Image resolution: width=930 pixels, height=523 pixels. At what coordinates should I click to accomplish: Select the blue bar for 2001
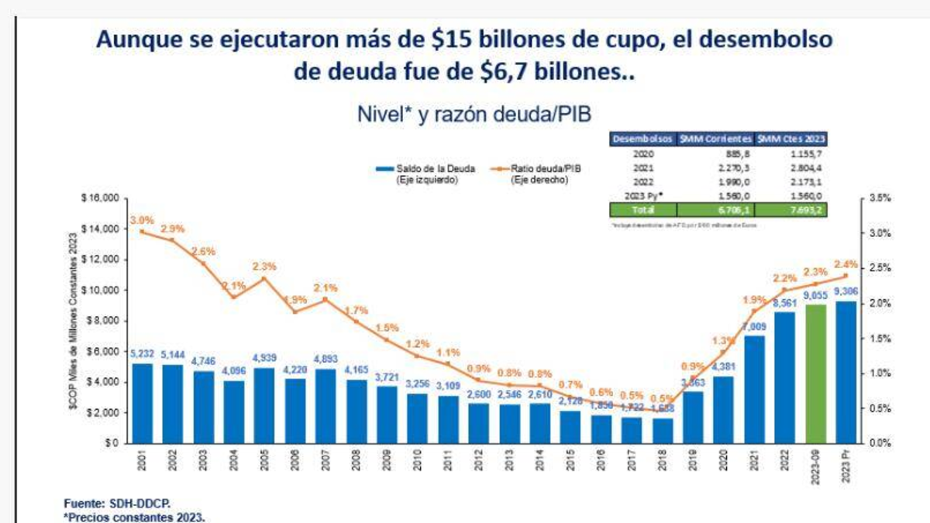pos(142,403)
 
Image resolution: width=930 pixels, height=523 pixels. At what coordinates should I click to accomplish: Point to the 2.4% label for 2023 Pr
pos(847,264)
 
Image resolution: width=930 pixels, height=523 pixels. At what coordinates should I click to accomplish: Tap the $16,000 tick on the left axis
pos(98,198)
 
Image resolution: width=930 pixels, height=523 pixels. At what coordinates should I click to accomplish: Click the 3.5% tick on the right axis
pos(880,198)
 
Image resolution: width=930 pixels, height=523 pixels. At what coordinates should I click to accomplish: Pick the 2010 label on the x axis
pos(418,463)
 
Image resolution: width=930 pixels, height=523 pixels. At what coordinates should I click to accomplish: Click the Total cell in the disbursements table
pos(643,209)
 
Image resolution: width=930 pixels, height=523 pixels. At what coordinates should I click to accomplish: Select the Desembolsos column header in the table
pos(643,139)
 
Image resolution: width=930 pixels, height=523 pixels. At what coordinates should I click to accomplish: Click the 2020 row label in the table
pos(643,153)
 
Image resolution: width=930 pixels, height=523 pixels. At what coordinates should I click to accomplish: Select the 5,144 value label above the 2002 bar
pos(172,355)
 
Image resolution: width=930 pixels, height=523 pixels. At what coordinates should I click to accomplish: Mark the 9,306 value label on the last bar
pos(847,291)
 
